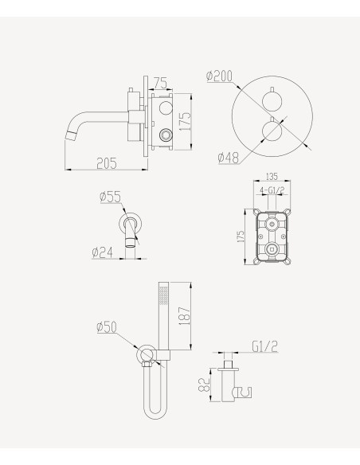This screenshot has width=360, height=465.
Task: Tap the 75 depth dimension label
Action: (x=160, y=82)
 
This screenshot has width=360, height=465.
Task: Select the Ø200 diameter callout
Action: (x=219, y=76)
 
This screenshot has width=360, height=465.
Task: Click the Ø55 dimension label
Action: (x=109, y=196)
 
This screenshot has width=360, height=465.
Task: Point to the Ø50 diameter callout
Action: (x=108, y=326)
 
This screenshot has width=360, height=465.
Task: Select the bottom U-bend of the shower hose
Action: (x=156, y=415)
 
